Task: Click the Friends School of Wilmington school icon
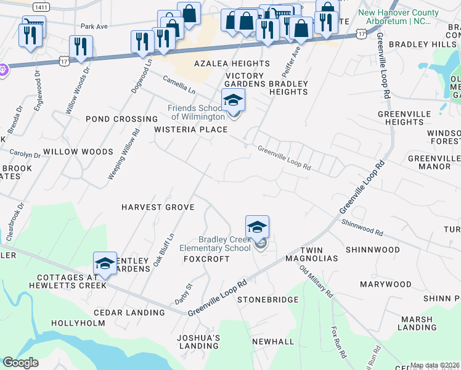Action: click(233, 101)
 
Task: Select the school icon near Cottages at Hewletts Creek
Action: click(105, 263)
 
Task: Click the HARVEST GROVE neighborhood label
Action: click(158, 208)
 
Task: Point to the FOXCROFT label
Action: click(206, 259)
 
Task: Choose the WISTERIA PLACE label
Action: click(190, 129)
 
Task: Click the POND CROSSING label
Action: click(121, 119)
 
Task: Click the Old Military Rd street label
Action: click(316, 279)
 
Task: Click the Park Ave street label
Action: click(94, 27)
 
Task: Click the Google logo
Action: click(20, 363)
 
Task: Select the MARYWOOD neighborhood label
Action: click(386, 284)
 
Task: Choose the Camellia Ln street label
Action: click(179, 85)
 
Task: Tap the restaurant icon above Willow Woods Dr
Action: click(81, 47)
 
